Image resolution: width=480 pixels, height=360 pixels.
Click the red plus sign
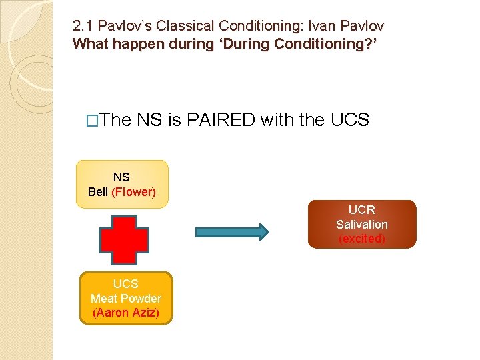pos(125,239)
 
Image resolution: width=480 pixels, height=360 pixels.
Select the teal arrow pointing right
pos(231,231)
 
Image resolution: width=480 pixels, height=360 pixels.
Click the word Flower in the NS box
pos(133,192)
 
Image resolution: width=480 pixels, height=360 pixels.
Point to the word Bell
pos(98,192)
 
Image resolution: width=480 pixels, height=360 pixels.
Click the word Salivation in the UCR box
pos(361,224)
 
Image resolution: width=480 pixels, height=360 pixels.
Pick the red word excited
pos(361,239)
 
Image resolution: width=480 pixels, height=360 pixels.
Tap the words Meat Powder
pos(125,298)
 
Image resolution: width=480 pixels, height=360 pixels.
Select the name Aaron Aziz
pos(125,312)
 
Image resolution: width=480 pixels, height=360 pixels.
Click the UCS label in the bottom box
pos(125,284)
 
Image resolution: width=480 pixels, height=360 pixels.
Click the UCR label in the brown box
pos(361,210)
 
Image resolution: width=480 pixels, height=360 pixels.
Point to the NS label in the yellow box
pos(121,177)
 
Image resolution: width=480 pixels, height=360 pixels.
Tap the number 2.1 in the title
pos(83,27)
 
